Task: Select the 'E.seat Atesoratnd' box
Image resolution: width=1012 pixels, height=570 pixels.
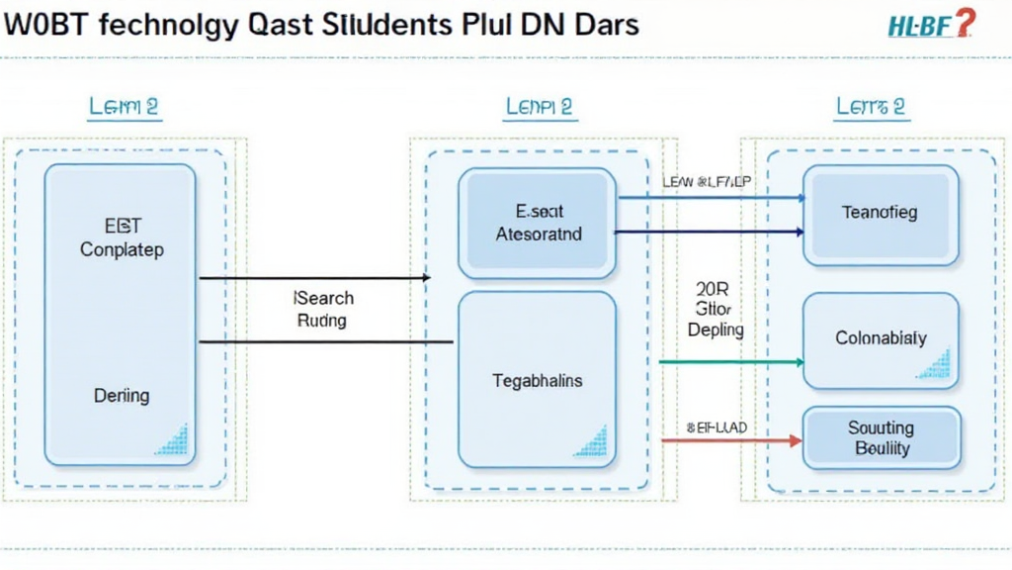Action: tap(537, 223)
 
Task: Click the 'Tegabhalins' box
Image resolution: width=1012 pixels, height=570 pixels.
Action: tap(537, 380)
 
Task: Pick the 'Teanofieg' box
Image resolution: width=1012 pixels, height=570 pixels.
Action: tap(880, 214)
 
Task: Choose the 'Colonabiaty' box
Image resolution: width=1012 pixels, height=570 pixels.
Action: tap(880, 338)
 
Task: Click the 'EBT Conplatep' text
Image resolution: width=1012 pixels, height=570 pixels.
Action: tap(121, 237)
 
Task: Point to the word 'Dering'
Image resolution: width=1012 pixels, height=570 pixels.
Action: tap(122, 396)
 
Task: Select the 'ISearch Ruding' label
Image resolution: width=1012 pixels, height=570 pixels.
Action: tap(324, 309)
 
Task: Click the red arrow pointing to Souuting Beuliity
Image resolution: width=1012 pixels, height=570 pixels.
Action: tap(731, 438)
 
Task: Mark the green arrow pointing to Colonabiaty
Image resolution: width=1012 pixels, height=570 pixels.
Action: tap(731, 362)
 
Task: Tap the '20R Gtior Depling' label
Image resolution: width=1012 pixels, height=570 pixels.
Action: tap(714, 309)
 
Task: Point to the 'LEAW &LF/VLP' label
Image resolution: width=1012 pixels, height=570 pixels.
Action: tap(706, 182)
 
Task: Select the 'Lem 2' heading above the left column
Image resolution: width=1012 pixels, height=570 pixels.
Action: tap(124, 107)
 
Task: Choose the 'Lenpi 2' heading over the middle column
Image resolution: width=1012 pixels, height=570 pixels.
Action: tap(539, 107)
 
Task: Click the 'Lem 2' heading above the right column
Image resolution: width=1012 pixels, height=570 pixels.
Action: tap(871, 107)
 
